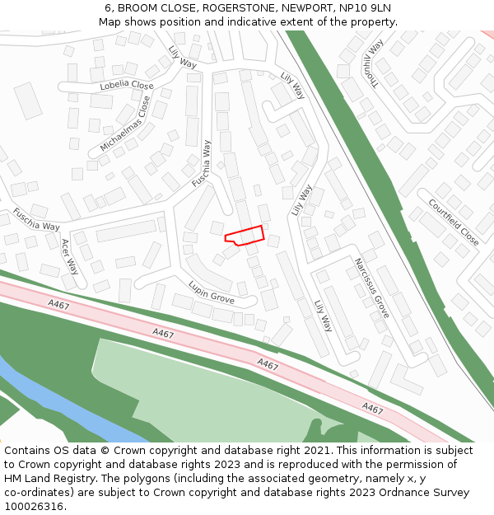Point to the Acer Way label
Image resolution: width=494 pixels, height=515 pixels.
pos(70,256)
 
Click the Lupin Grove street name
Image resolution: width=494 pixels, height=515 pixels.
pos(212,292)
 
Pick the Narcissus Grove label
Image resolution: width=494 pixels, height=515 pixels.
pos(371,288)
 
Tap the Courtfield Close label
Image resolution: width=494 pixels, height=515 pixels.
pos(453,222)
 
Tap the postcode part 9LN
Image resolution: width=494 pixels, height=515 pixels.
pos(380,8)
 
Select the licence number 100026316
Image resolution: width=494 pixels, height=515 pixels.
pos(33,507)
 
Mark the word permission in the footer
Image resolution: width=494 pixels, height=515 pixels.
pos(416,465)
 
